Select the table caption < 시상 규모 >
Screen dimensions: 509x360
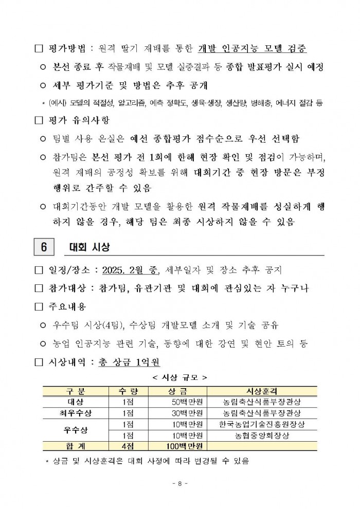point(179,377)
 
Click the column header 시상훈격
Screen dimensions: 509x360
point(262,391)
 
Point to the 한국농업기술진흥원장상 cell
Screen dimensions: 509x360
point(262,424)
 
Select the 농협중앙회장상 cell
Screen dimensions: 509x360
point(262,435)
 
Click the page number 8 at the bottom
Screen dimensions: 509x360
point(179,483)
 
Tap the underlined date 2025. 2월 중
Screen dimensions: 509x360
point(131,270)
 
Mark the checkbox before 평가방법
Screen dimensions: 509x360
point(38,49)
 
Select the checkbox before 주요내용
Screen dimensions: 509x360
point(38,307)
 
